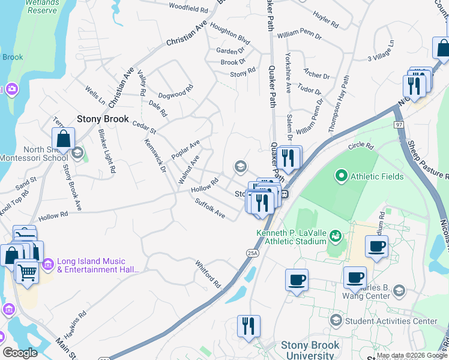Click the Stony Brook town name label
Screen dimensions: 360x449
click(x=103, y=119)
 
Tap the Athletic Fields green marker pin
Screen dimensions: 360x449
click(x=341, y=176)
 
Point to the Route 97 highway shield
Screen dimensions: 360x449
click(x=400, y=124)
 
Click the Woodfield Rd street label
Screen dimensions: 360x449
click(x=188, y=8)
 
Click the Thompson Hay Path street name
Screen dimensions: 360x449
click(x=339, y=103)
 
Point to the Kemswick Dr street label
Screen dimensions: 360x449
click(x=155, y=155)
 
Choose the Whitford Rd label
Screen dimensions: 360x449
click(x=208, y=274)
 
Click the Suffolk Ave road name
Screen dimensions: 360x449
click(x=210, y=209)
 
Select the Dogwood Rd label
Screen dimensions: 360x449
click(x=175, y=91)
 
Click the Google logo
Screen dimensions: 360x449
click(x=20, y=353)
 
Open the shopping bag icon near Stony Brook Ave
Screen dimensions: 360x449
click(x=63, y=139)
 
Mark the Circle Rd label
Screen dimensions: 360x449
click(x=361, y=146)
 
